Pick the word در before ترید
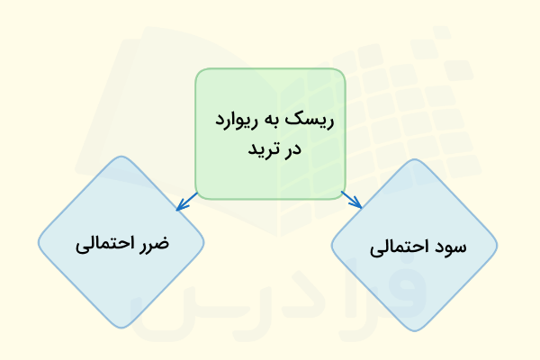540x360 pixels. click(x=291, y=148)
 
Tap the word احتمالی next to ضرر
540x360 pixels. click(x=103, y=243)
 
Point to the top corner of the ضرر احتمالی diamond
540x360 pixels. click(x=121, y=157)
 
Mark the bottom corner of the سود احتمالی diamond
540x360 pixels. click(x=415, y=330)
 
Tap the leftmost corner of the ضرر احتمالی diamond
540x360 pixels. click(x=39, y=243)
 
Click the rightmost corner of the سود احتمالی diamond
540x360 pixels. click(x=499, y=245)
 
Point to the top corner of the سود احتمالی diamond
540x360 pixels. click(x=415, y=159)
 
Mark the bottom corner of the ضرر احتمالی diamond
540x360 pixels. click(x=121, y=328)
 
